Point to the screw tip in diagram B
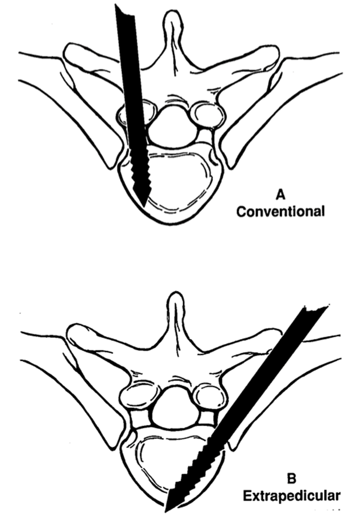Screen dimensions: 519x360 point(168,509)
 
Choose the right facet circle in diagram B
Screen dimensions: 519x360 point(208,396)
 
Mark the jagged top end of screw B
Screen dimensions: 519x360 point(316,312)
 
